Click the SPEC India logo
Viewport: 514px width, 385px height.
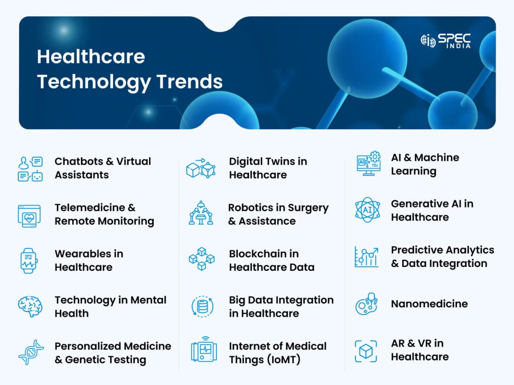[445, 41]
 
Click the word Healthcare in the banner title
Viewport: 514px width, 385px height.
[91, 56]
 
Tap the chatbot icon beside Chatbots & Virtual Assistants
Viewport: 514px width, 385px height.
[30, 169]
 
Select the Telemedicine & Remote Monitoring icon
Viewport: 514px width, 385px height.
[29, 215]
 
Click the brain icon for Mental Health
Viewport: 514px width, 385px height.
[30, 307]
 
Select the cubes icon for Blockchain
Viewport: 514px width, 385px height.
[201, 259]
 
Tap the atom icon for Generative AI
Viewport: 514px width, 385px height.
[367, 210]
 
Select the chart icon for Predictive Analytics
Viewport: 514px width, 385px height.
[367, 256]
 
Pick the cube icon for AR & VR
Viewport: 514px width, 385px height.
[366, 351]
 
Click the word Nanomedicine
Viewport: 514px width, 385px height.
[429, 304]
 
